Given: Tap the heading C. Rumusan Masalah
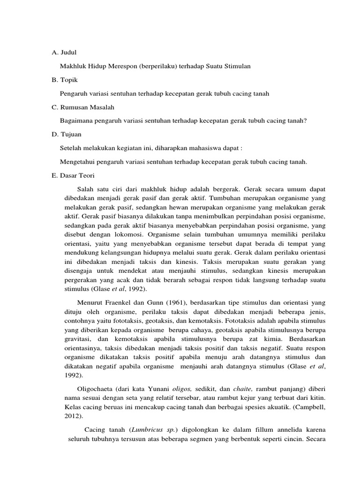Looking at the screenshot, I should click(x=82, y=107).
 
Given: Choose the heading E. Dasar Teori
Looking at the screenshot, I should click(x=73, y=175).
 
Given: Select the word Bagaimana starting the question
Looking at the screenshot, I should click(x=76, y=121).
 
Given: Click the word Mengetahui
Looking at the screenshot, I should click(x=77, y=162).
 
